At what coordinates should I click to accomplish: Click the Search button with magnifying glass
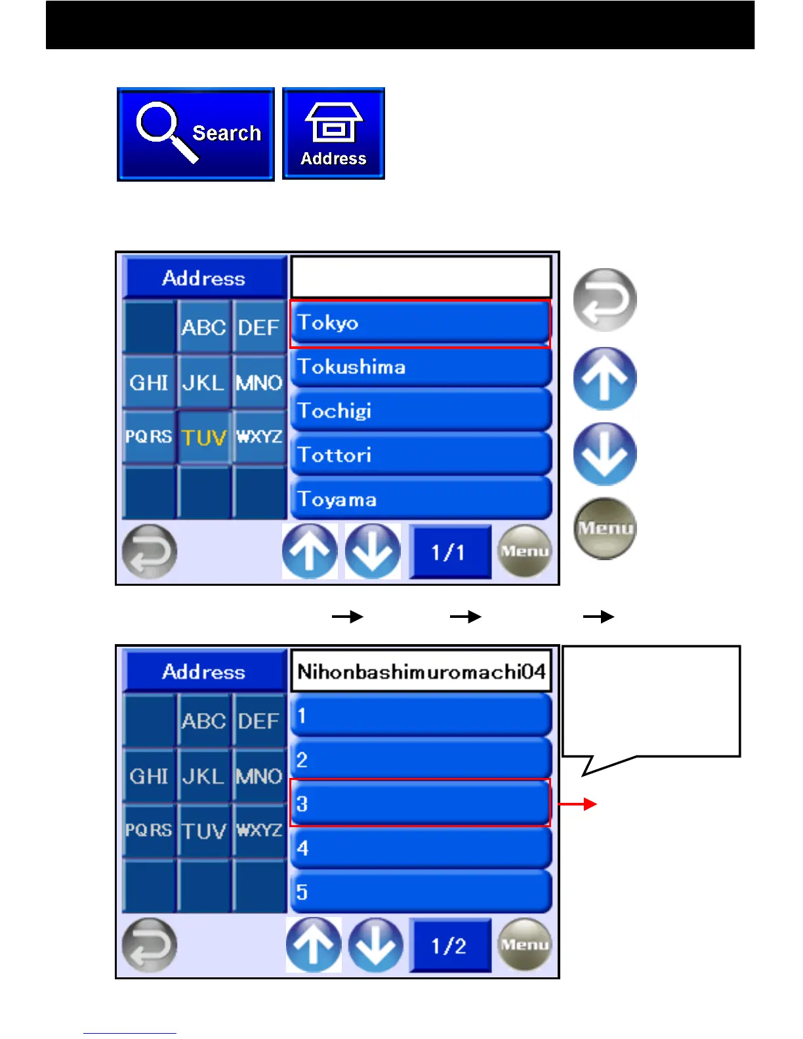(196, 134)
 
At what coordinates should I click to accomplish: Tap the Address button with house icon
(333, 134)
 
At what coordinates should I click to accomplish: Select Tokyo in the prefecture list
(420, 323)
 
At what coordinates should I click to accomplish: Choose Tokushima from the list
(420, 367)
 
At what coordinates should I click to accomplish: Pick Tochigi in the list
(420, 411)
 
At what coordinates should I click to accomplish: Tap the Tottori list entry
(420, 455)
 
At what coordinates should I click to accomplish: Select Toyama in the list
(420, 499)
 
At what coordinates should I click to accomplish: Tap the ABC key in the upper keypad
(204, 327)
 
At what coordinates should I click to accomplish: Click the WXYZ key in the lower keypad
(259, 830)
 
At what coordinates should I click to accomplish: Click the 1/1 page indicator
(449, 552)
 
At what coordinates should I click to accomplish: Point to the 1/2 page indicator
(449, 946)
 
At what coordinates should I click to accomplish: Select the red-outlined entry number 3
(420, 804)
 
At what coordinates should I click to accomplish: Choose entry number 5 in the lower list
(420, 892)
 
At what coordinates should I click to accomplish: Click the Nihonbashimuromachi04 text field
(421, 672)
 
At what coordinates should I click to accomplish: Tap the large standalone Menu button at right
(605, 528)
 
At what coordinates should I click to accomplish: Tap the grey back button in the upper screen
(150, 552)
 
